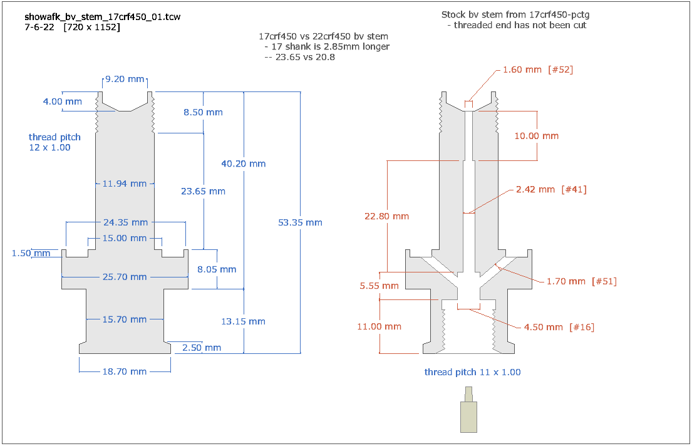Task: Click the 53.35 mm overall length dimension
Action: pos(301,222)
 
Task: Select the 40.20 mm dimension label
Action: pos(244,163)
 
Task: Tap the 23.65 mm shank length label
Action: pos(204,191)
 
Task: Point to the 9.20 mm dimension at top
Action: pos(125,80)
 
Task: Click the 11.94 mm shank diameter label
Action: pos(125,184)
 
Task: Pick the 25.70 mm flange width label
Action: pos(125,277)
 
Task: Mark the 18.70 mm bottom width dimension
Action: pos(125,371)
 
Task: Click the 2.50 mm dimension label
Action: pos(201,348)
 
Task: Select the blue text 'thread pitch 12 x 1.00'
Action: pos(54,142)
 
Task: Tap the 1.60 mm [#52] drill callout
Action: pos(538,70)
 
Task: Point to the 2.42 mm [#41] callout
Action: pos(550,189)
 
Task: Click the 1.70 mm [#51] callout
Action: pos(581,281)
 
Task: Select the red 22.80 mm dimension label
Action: pos(386,216)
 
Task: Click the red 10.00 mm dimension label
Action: pos(537,136)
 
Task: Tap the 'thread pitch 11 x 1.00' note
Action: pos(472,372)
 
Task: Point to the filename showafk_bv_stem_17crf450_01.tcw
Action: pos(103,17)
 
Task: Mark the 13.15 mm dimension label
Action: pos(244,321)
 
